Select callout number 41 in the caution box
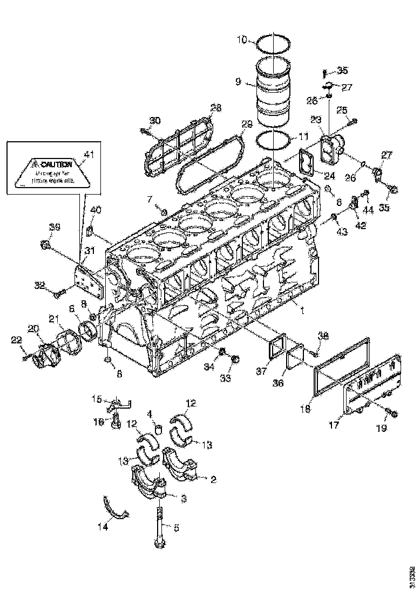tap(88, 154)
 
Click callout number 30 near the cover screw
tap(155, 120)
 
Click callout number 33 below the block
tap(225, 378)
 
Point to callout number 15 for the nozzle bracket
tap(97, 399)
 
